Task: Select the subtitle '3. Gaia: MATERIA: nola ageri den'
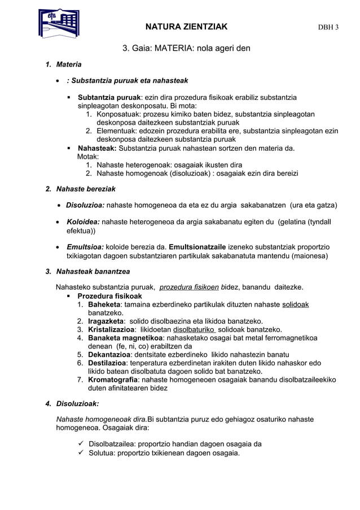tap(186, 48)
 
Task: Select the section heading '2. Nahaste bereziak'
tap(80, 188)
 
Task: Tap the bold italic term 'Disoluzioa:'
tap(85, 204)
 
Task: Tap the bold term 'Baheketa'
tap(104, 305)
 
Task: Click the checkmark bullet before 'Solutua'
tap(81, 453)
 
